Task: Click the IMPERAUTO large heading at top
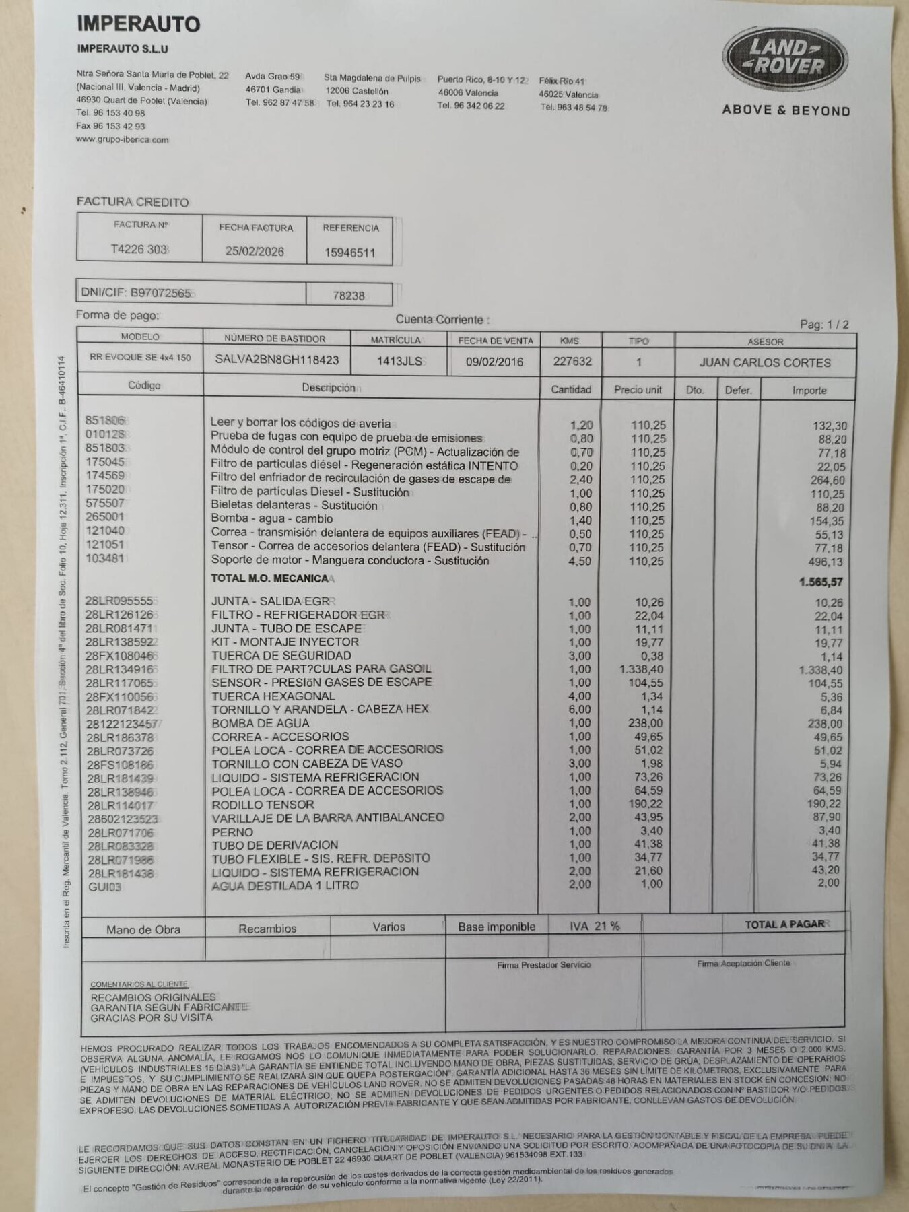tap(138, 24)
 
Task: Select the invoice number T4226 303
tap(139, 249)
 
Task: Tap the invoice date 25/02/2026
tap(255, 251)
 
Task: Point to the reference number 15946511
tap(349, 252)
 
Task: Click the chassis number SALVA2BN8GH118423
tap(277, 360)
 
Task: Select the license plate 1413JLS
tap(399, 361)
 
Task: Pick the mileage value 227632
tap(572, 361)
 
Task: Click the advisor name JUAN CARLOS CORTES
tap(765, 362)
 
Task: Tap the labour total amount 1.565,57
tap(821, 582)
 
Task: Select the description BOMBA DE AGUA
tap(261, 723)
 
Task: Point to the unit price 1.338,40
tap(641, 669)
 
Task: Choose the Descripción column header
tap(329, 388)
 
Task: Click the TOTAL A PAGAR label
tap(784, 924)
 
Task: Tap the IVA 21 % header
tap(595, 926)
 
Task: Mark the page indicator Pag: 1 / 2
tap(824, 325)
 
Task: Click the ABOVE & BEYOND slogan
tap(786, 110)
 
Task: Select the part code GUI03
tap(105, 887)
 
